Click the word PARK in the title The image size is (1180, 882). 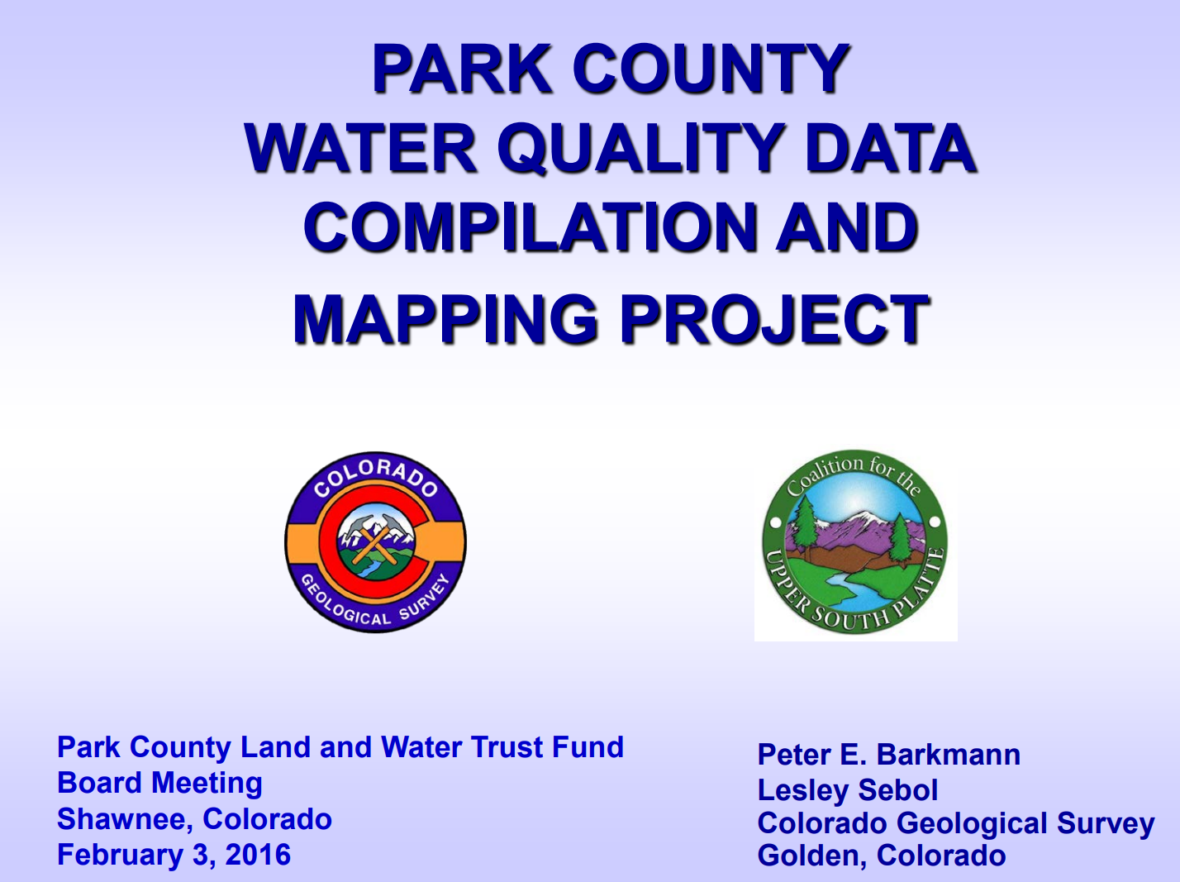coord(462,69)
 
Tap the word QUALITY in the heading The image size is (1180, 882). coord(640,147)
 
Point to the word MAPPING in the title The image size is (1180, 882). coord(445,319)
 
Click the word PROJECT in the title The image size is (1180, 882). coord(774,319)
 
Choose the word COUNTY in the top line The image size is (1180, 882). coord(711,69)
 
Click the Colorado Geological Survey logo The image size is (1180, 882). coord(376,542)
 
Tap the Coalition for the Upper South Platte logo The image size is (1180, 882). coord(855,542)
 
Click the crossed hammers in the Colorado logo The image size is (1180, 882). coord(375,541)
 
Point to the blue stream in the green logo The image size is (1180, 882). coord(854,594)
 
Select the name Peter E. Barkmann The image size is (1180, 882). coord(888,754)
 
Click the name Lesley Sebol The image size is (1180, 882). coord(848,789)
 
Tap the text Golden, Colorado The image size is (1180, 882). coord(882,855)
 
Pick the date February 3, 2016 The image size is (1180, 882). coord(174,855)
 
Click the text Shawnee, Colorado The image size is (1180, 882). coord(195,819)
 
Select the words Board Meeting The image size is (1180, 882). coord(159,783)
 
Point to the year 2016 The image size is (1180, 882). coord(258,855)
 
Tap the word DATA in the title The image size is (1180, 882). coord(890,147)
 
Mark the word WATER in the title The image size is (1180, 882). coord(361,147)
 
